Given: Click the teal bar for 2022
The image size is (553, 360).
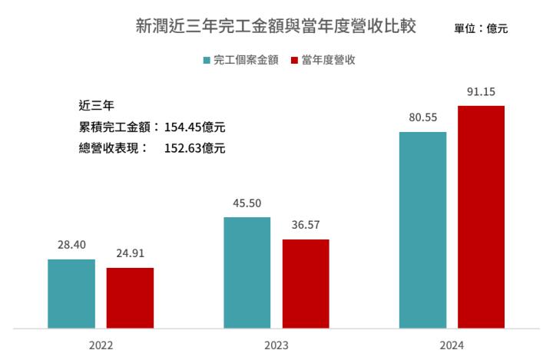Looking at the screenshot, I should point(71,294).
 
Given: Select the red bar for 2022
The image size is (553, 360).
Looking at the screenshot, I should point(130,298).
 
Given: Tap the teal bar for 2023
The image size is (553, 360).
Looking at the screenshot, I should point(247,272).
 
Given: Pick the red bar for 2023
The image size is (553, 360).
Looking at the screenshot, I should point(306,284).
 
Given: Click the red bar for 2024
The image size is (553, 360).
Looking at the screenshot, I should point(481,217).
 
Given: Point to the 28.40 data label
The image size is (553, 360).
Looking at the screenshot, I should point(71,246).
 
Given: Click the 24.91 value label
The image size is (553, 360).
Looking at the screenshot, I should point(130,255).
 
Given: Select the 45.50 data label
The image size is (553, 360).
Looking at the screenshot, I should point(247,204).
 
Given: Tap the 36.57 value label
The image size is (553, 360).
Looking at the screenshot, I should point(306,226).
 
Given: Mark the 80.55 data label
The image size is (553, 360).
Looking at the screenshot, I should point(422,118).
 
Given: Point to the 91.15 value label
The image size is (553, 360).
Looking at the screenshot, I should point(481,92).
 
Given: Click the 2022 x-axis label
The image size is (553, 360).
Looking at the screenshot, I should point(101,346).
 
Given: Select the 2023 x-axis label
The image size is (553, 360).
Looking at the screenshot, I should point(276,346).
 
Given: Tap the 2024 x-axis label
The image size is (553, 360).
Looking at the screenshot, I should point(452,346).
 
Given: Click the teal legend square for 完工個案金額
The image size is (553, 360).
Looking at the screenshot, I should point(207,60).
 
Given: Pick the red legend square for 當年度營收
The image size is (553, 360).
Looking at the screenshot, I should point(295,60).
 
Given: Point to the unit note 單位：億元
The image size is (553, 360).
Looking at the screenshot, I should point(481,29).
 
